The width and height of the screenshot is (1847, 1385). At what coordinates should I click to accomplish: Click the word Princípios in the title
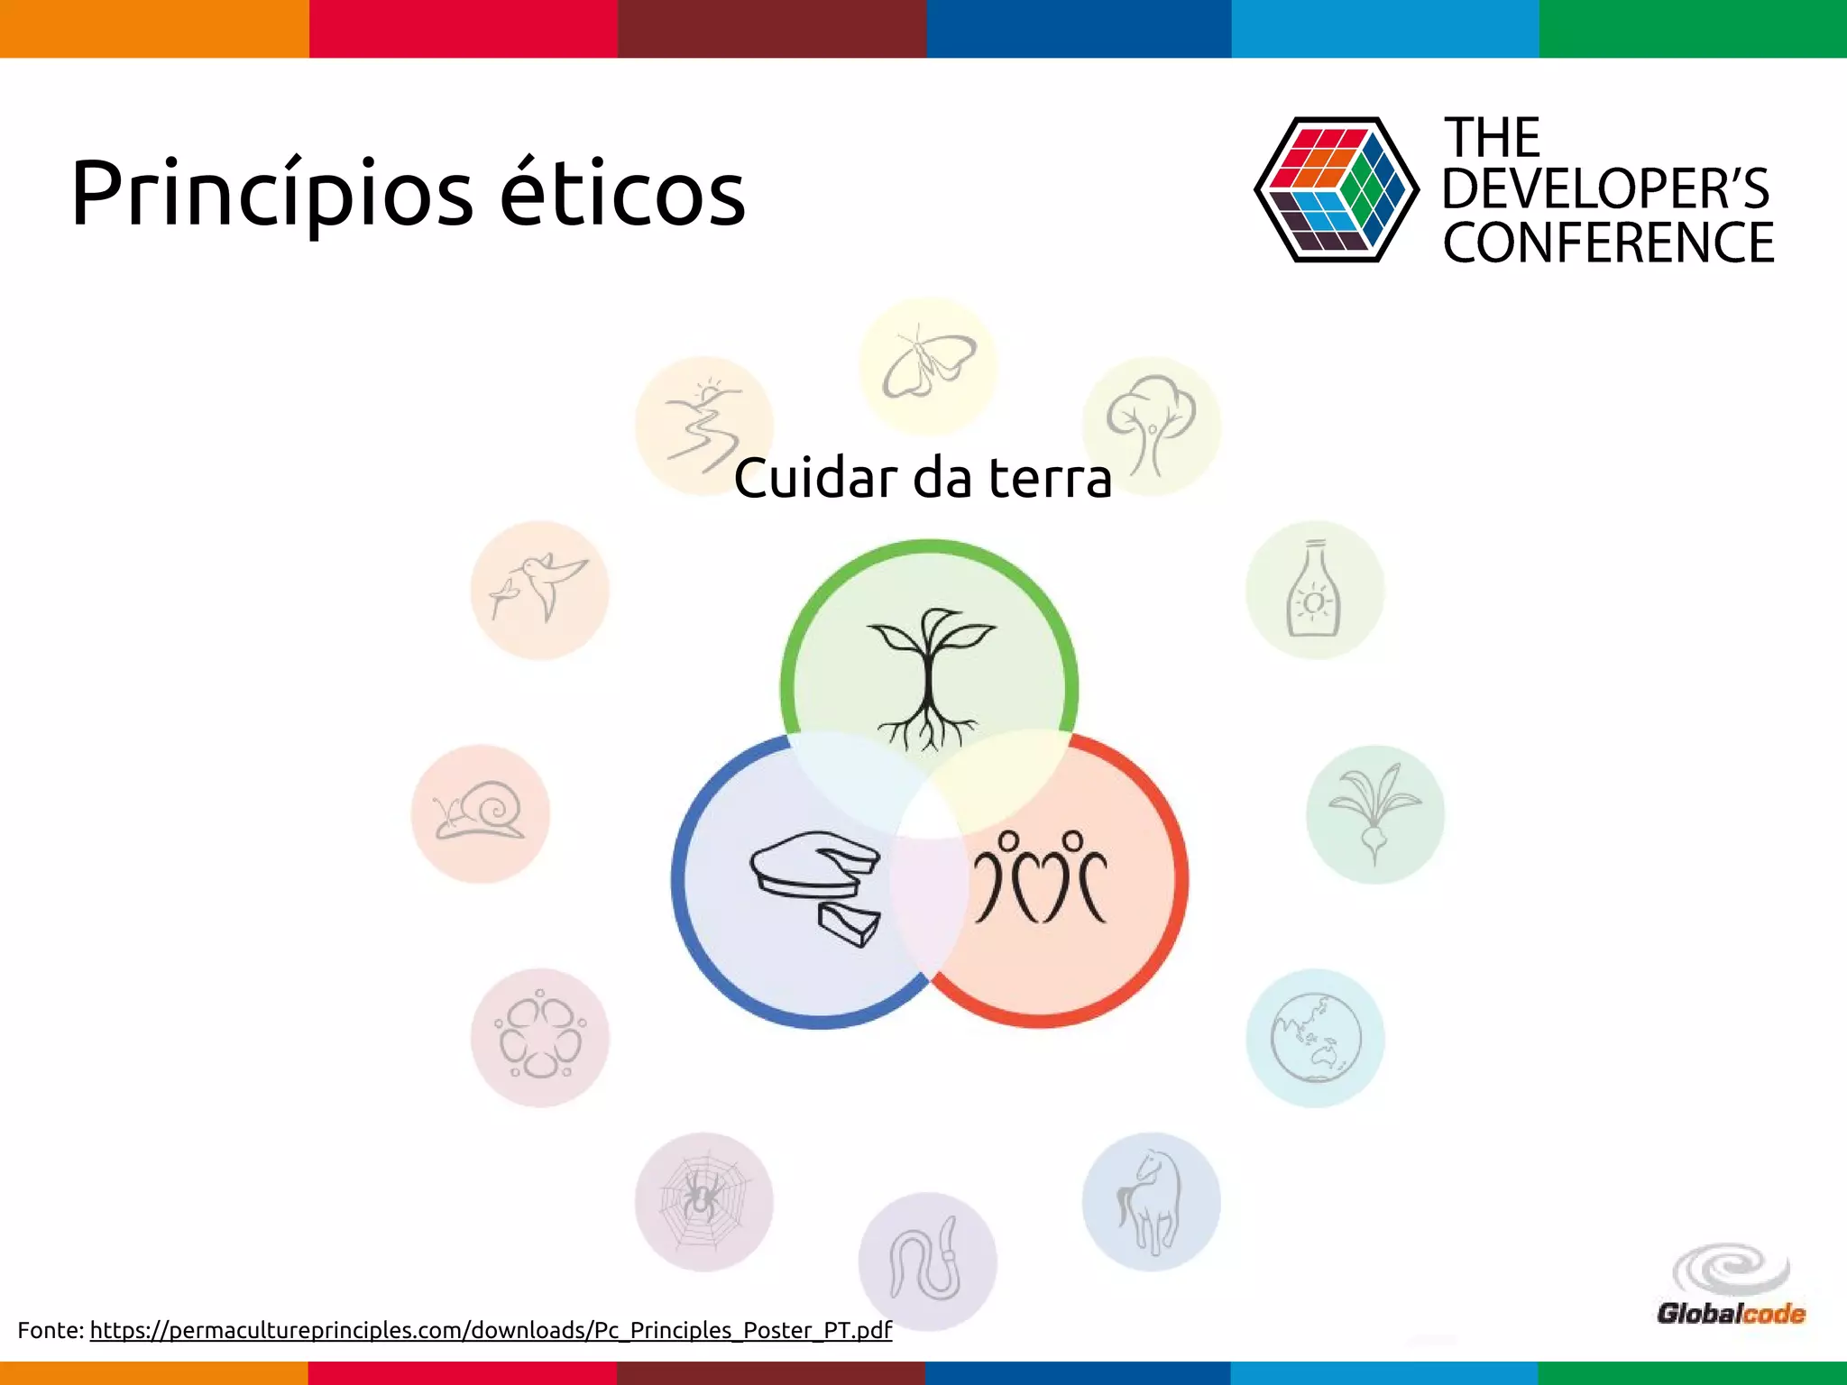click(271, 194)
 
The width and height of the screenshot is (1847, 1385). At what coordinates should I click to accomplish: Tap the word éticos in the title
click(622, 194)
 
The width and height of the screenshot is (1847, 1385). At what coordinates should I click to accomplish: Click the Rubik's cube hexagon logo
click(1336, 190)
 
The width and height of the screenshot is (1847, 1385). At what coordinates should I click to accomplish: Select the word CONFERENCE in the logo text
click(1608, 243)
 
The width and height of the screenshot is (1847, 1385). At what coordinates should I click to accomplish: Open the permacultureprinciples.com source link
click(491, 1330)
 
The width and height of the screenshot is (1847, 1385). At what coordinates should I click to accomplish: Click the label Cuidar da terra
click(922, 478)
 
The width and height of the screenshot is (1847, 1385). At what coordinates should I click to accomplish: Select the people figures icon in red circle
click(1041, 878)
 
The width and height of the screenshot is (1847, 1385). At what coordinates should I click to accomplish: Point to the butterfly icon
click(928, 366)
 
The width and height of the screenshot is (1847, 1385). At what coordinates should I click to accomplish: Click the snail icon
click(480, 812)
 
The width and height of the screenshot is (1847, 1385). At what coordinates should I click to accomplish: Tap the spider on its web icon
click(703, 1201)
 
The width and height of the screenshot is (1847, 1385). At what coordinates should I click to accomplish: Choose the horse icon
click(1150, 1202)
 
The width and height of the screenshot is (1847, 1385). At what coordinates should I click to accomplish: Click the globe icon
click(1315, 1038)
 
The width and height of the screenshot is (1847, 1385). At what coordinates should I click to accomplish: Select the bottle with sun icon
click(1314, 591)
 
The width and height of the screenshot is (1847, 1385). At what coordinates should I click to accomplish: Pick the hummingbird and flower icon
click(539, 589)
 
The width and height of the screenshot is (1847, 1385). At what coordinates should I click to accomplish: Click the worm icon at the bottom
click(927, 1261)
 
